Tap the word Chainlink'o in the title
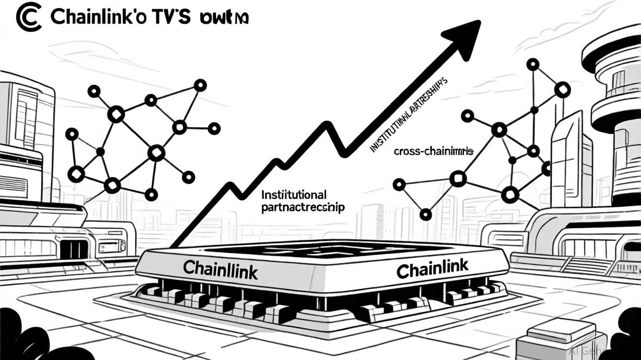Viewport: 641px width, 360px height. point(97,17)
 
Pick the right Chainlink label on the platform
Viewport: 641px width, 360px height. point(432,268)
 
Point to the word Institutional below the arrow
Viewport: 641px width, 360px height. point(294,194)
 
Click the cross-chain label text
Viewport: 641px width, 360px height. point(433,151)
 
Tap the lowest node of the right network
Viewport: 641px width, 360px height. point(425,215)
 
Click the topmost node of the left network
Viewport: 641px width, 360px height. point(200,85)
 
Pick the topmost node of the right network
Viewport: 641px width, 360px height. point(532,65)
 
